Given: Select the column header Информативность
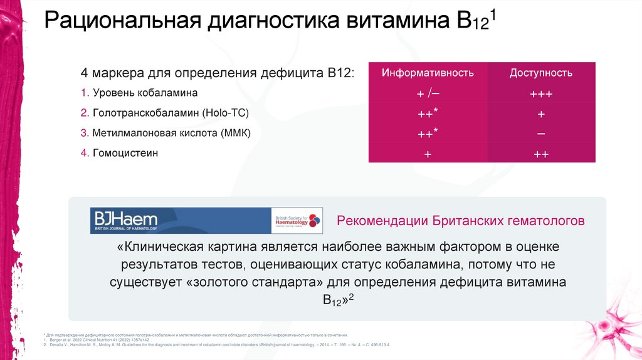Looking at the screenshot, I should click(x=428, y=73).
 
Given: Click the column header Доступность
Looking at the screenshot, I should click(x=540, y=73).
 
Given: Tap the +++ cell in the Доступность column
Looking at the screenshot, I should click(x=540, y=94).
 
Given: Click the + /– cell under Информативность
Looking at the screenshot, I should click(x=428, y=94).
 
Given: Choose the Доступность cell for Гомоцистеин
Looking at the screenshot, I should click(x=540, y=154).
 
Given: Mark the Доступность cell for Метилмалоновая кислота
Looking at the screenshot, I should click(x=540, y=134).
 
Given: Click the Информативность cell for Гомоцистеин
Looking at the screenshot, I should click(x=428, y=154).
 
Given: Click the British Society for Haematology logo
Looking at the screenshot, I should click(x=297, y=221).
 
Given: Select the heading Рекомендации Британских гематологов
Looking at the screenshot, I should click(x=461, y=221).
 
